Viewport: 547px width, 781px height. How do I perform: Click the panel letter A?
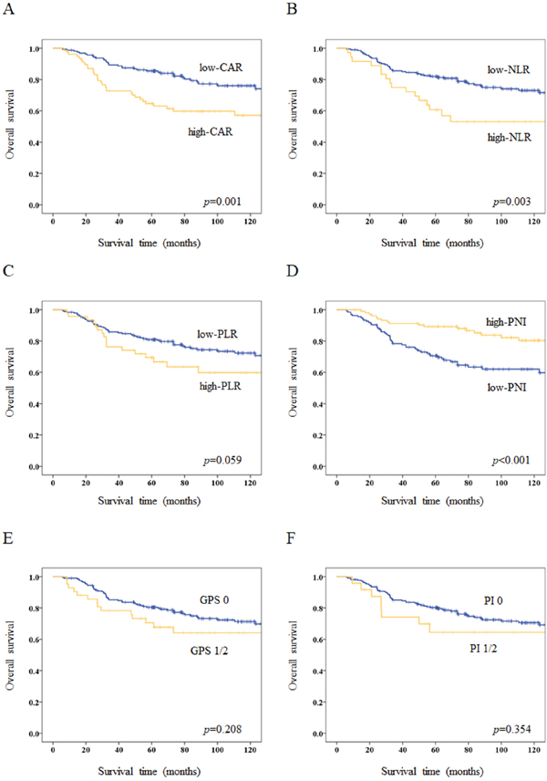point(7,7)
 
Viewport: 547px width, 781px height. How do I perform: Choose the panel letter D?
point(286,271)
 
